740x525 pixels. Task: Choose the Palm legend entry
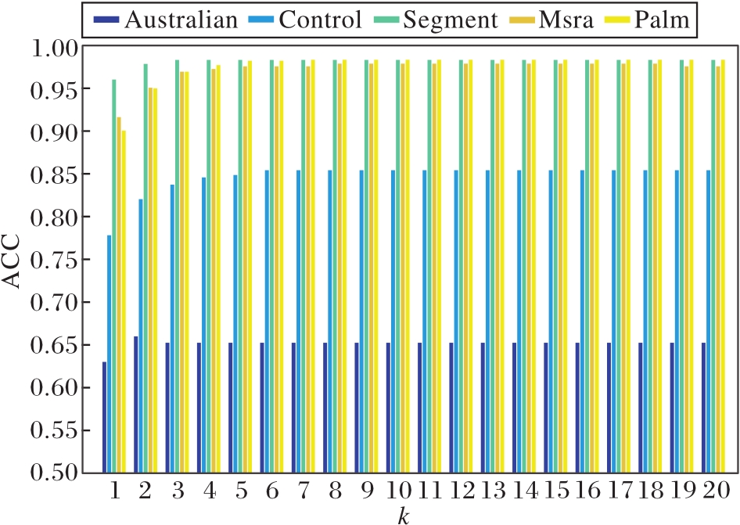point(648,20)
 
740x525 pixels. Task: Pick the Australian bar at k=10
point(388,407)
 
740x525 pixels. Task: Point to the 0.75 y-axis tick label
point(56,260)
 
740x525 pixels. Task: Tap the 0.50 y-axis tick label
point(56,473)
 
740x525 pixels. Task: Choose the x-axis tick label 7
point(301,492)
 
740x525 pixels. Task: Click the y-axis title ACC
point(16,260)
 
